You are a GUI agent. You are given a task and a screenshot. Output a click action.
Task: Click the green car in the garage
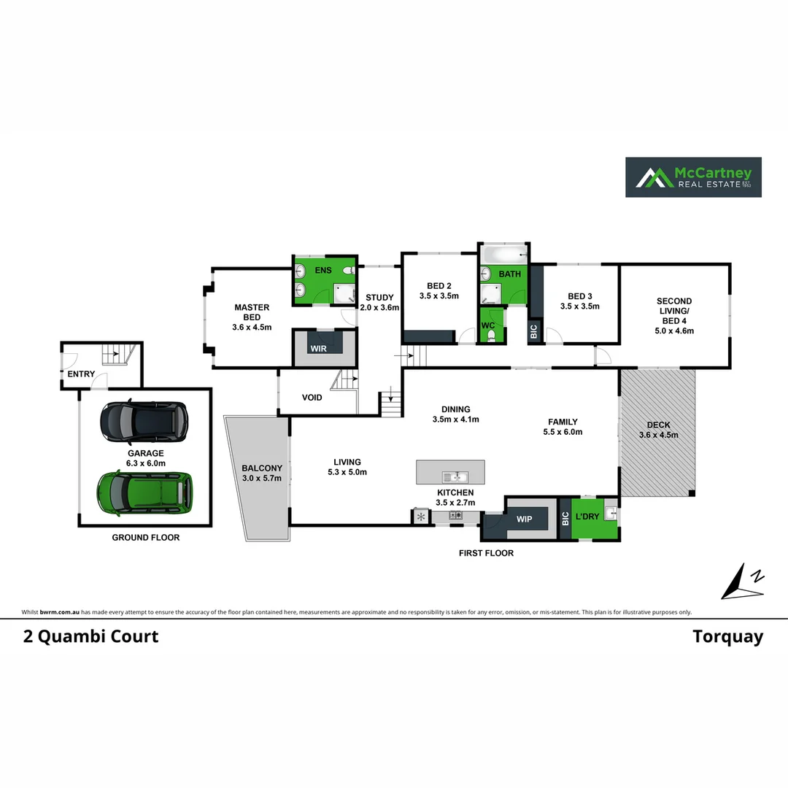[145, 494]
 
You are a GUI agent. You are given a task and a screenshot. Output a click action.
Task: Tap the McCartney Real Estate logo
[693, 177]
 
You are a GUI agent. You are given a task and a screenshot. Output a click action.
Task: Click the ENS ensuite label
[323, 271]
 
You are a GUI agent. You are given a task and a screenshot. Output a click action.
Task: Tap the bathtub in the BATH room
[503, 255]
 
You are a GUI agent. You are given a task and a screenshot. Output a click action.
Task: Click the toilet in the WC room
[492, 336]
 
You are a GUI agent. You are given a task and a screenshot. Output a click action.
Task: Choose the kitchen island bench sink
[454, 477]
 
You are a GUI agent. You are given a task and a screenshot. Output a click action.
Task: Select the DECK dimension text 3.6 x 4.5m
[659, 435]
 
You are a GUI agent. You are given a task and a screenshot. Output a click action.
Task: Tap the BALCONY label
[262, 468]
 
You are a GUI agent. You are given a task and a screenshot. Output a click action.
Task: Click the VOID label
[312, 398]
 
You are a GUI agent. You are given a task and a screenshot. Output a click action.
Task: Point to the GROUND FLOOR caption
[145, 538]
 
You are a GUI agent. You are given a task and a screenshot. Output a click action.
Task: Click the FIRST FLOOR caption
[486, 553]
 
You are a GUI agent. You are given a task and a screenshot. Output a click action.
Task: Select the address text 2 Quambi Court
[90, 636]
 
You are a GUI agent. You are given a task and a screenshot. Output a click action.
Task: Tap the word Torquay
[727, 636]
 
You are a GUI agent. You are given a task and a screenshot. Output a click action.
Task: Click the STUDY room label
[379, 298]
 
